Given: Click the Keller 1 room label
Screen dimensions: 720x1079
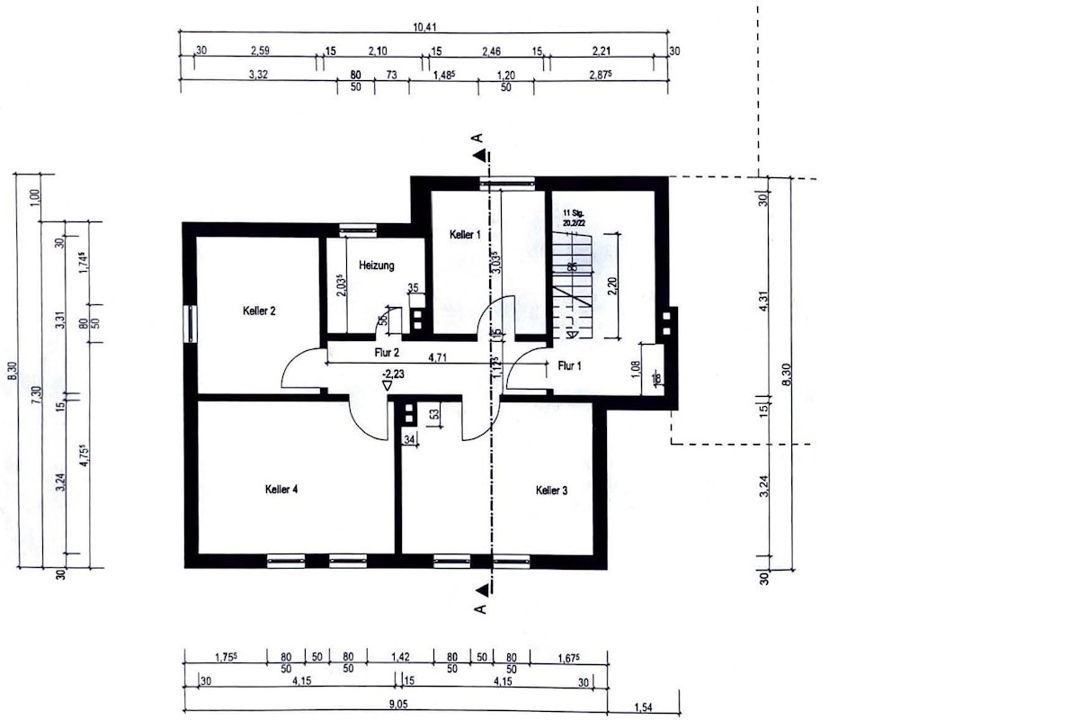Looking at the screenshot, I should pos(466,234).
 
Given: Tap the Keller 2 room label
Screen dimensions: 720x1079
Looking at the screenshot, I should pos(259,311).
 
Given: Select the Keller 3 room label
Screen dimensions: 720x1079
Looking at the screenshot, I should pos(552,490).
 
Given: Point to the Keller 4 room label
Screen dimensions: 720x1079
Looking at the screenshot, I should pos(281,490).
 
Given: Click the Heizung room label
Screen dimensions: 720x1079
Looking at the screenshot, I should pos(377,265).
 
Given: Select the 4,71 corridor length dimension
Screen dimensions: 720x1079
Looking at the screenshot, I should pos(438,357).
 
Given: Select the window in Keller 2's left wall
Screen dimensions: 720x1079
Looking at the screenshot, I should pos(191,323).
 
